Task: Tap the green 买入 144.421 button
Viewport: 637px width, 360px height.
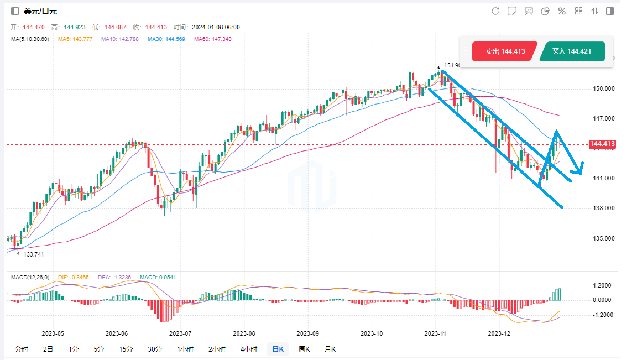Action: [x=572, y=51]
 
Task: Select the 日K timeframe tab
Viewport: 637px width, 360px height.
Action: [x=277, y=349]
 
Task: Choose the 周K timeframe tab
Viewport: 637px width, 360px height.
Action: [x=304, y=349]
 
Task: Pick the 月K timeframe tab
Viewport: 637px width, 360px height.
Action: [x=330, y=349]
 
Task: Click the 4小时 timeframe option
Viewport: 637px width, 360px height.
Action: [x=248, y=349]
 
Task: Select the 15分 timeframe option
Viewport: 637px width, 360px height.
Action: [x=126, y=349]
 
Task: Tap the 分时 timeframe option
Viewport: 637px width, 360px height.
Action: [x=22, y=349]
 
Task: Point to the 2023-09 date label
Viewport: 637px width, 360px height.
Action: [x=308, y=333]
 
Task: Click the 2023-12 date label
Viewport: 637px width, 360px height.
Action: [x=499, y=333]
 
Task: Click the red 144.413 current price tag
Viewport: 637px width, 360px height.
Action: [x=602, y=144]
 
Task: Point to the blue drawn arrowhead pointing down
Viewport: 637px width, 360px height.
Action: [x=577, y=169]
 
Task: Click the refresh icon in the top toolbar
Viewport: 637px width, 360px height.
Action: [x=495, y=11]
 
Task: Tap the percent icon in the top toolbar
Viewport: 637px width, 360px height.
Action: [x=562, y=11]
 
